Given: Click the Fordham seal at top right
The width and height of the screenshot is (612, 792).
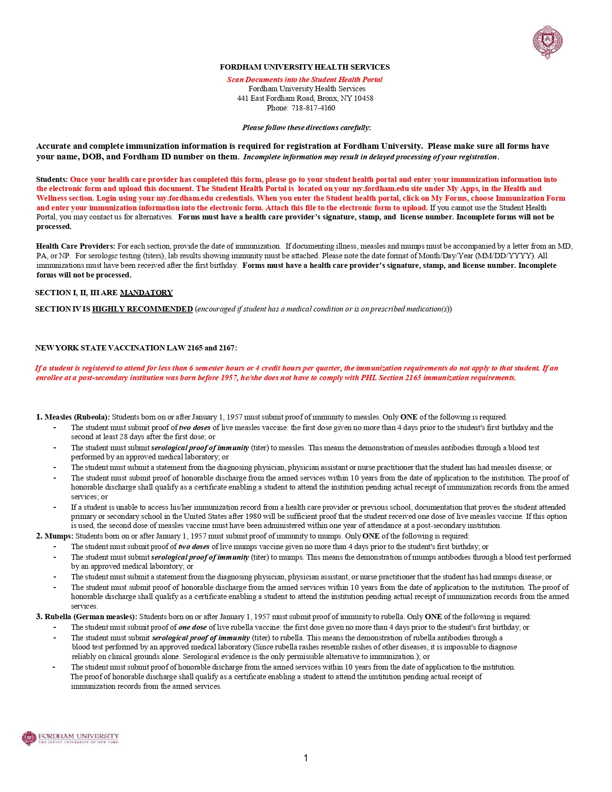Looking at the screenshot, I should coord(548,42).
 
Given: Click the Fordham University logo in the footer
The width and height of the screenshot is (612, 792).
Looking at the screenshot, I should coord(70,738).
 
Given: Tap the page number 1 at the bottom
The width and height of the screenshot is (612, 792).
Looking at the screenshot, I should coord(306,758).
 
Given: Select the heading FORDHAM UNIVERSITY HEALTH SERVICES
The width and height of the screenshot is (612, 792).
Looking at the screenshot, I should coord(304,67).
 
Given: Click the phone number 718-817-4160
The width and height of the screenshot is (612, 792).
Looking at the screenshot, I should coord(313,108).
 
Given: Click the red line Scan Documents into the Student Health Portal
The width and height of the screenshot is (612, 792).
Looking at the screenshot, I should coord(304,80).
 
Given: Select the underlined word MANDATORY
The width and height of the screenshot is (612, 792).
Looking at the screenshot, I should coord(146,293).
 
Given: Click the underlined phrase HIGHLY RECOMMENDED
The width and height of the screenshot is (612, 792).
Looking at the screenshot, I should coord(142,309).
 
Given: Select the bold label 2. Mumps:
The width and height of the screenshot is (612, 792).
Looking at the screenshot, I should coord(55,536).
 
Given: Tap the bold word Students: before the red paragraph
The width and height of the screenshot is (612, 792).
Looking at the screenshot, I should coord(52,180).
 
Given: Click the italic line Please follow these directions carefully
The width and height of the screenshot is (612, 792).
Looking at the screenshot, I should coord(306,128).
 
